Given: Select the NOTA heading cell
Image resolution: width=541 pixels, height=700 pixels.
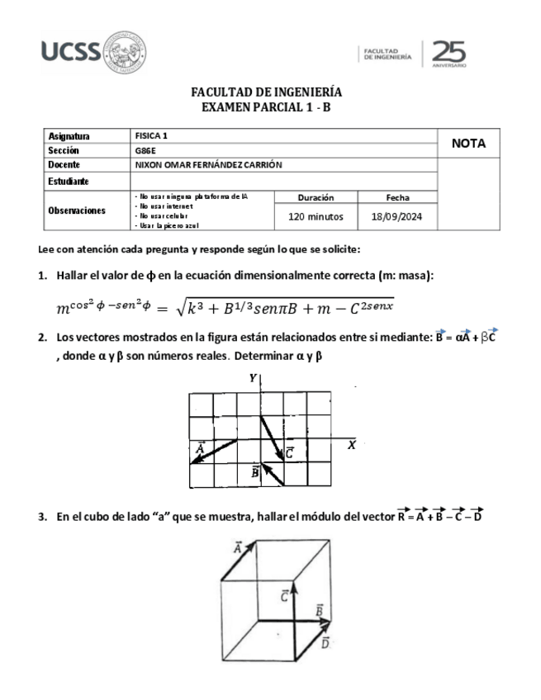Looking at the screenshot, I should (x=468, y=144).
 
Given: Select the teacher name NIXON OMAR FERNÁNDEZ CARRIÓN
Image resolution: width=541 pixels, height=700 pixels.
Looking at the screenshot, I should (x=208, y=164).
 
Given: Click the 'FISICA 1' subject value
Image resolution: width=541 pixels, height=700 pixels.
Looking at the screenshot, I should (x=149, y=135).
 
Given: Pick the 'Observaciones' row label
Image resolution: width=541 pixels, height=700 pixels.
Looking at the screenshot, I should (x=77, y=210).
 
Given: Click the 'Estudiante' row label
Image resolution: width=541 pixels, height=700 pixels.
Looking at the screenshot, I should (x=69, y=181).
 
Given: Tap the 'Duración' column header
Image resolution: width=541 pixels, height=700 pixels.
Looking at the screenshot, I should (x=316, y=198).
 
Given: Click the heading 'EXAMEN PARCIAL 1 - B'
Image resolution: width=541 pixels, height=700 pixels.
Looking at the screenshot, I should (x=266, y=107).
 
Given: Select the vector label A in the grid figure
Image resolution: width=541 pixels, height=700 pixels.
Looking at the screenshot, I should (x=200, y=448).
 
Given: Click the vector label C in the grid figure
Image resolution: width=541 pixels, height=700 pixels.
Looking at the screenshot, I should (x=290, y=452).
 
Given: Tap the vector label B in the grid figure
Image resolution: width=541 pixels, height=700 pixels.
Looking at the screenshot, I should (x=255, y=472).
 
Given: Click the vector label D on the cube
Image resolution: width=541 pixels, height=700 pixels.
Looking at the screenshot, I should (x=325, y=642).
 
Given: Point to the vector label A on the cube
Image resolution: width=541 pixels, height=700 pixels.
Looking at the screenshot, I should (x=238, y=548).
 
